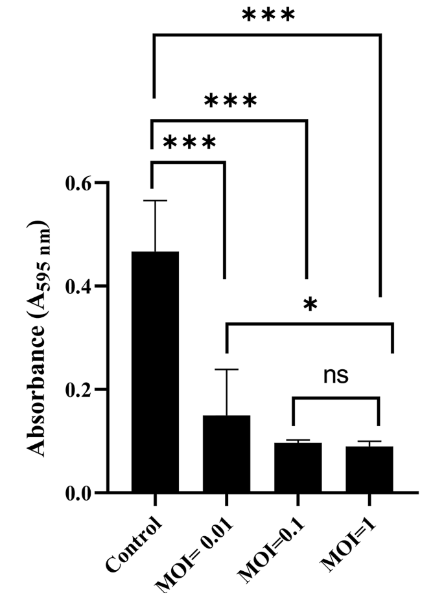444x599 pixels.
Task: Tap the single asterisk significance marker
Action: pos(310,305)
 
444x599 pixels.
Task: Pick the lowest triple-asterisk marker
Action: pos(189,142)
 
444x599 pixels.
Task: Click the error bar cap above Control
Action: pos(155,201)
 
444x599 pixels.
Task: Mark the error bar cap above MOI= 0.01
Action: pos(226,369)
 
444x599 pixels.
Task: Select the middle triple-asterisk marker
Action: pos(231,101)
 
